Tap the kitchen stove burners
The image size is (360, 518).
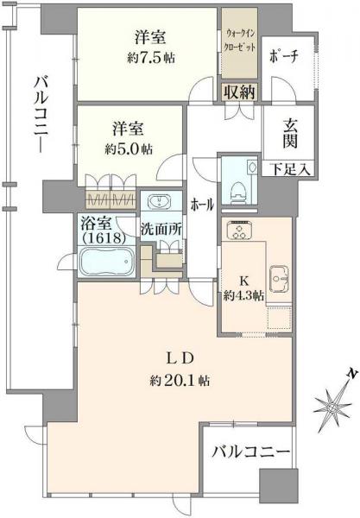coord(238,231)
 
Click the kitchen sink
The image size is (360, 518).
coord(277,278)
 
